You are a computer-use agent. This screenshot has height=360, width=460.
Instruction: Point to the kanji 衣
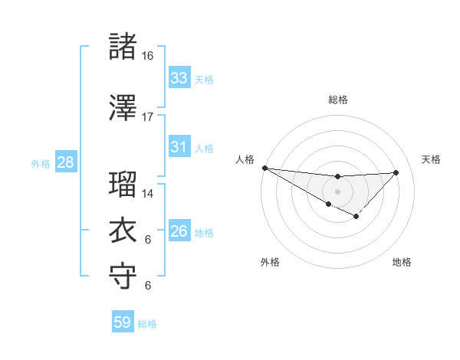[x=123, y=230]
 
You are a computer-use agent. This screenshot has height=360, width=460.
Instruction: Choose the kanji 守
[x=123, y=276]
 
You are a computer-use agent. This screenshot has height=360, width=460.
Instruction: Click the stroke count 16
[x=147, y=56]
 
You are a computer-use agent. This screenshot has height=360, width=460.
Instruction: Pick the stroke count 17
[x=147, y=117]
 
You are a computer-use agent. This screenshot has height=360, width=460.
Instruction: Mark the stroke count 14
[x=147, y=194]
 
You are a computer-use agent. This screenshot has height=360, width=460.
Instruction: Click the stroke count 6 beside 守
[x=147, y=286]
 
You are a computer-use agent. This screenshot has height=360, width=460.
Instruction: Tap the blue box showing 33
[x=179, y=78]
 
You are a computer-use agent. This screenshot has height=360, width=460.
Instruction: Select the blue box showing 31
[x=179, y=147]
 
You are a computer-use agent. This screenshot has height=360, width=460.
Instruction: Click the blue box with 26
[x=179, y=231]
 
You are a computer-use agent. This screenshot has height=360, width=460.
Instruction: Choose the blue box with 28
[x=65, y=162]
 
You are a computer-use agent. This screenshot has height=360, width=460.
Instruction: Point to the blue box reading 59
[x=123, y=322]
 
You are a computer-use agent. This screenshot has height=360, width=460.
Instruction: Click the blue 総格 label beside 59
[x=147, y=324]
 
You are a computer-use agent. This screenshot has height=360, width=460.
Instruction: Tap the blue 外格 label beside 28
[x=41, y=163]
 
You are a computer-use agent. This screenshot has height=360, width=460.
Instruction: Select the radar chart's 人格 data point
[x=264, y=168]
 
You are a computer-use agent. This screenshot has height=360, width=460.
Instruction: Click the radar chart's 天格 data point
[x=396, y=172]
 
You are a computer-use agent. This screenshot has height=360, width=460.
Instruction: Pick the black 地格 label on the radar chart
[x=402, y=263]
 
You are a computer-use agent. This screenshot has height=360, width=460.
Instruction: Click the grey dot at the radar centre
[x=337, y=191]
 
